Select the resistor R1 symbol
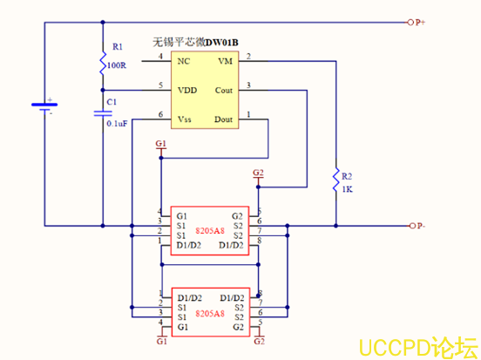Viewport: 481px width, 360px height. coord(103,64)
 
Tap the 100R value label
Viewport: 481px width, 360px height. coord(117,65)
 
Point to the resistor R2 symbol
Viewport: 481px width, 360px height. coord(335,181)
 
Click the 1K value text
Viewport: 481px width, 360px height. coord(347,189)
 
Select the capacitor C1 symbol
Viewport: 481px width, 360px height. coord(103,112)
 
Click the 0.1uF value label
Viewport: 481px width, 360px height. coord(118,124)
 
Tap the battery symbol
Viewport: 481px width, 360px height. coord(44,106)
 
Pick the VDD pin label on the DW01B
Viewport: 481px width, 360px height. coord(186,89)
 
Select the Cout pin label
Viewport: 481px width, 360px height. coord(223,89)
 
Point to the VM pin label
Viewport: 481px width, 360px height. coord(225,60)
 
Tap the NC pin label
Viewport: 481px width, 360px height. coord(183,60)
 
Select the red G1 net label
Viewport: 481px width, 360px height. coord(159,143)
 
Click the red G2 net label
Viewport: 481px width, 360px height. coord(258,173)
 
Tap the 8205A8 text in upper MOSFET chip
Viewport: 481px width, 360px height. coord(209,232)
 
